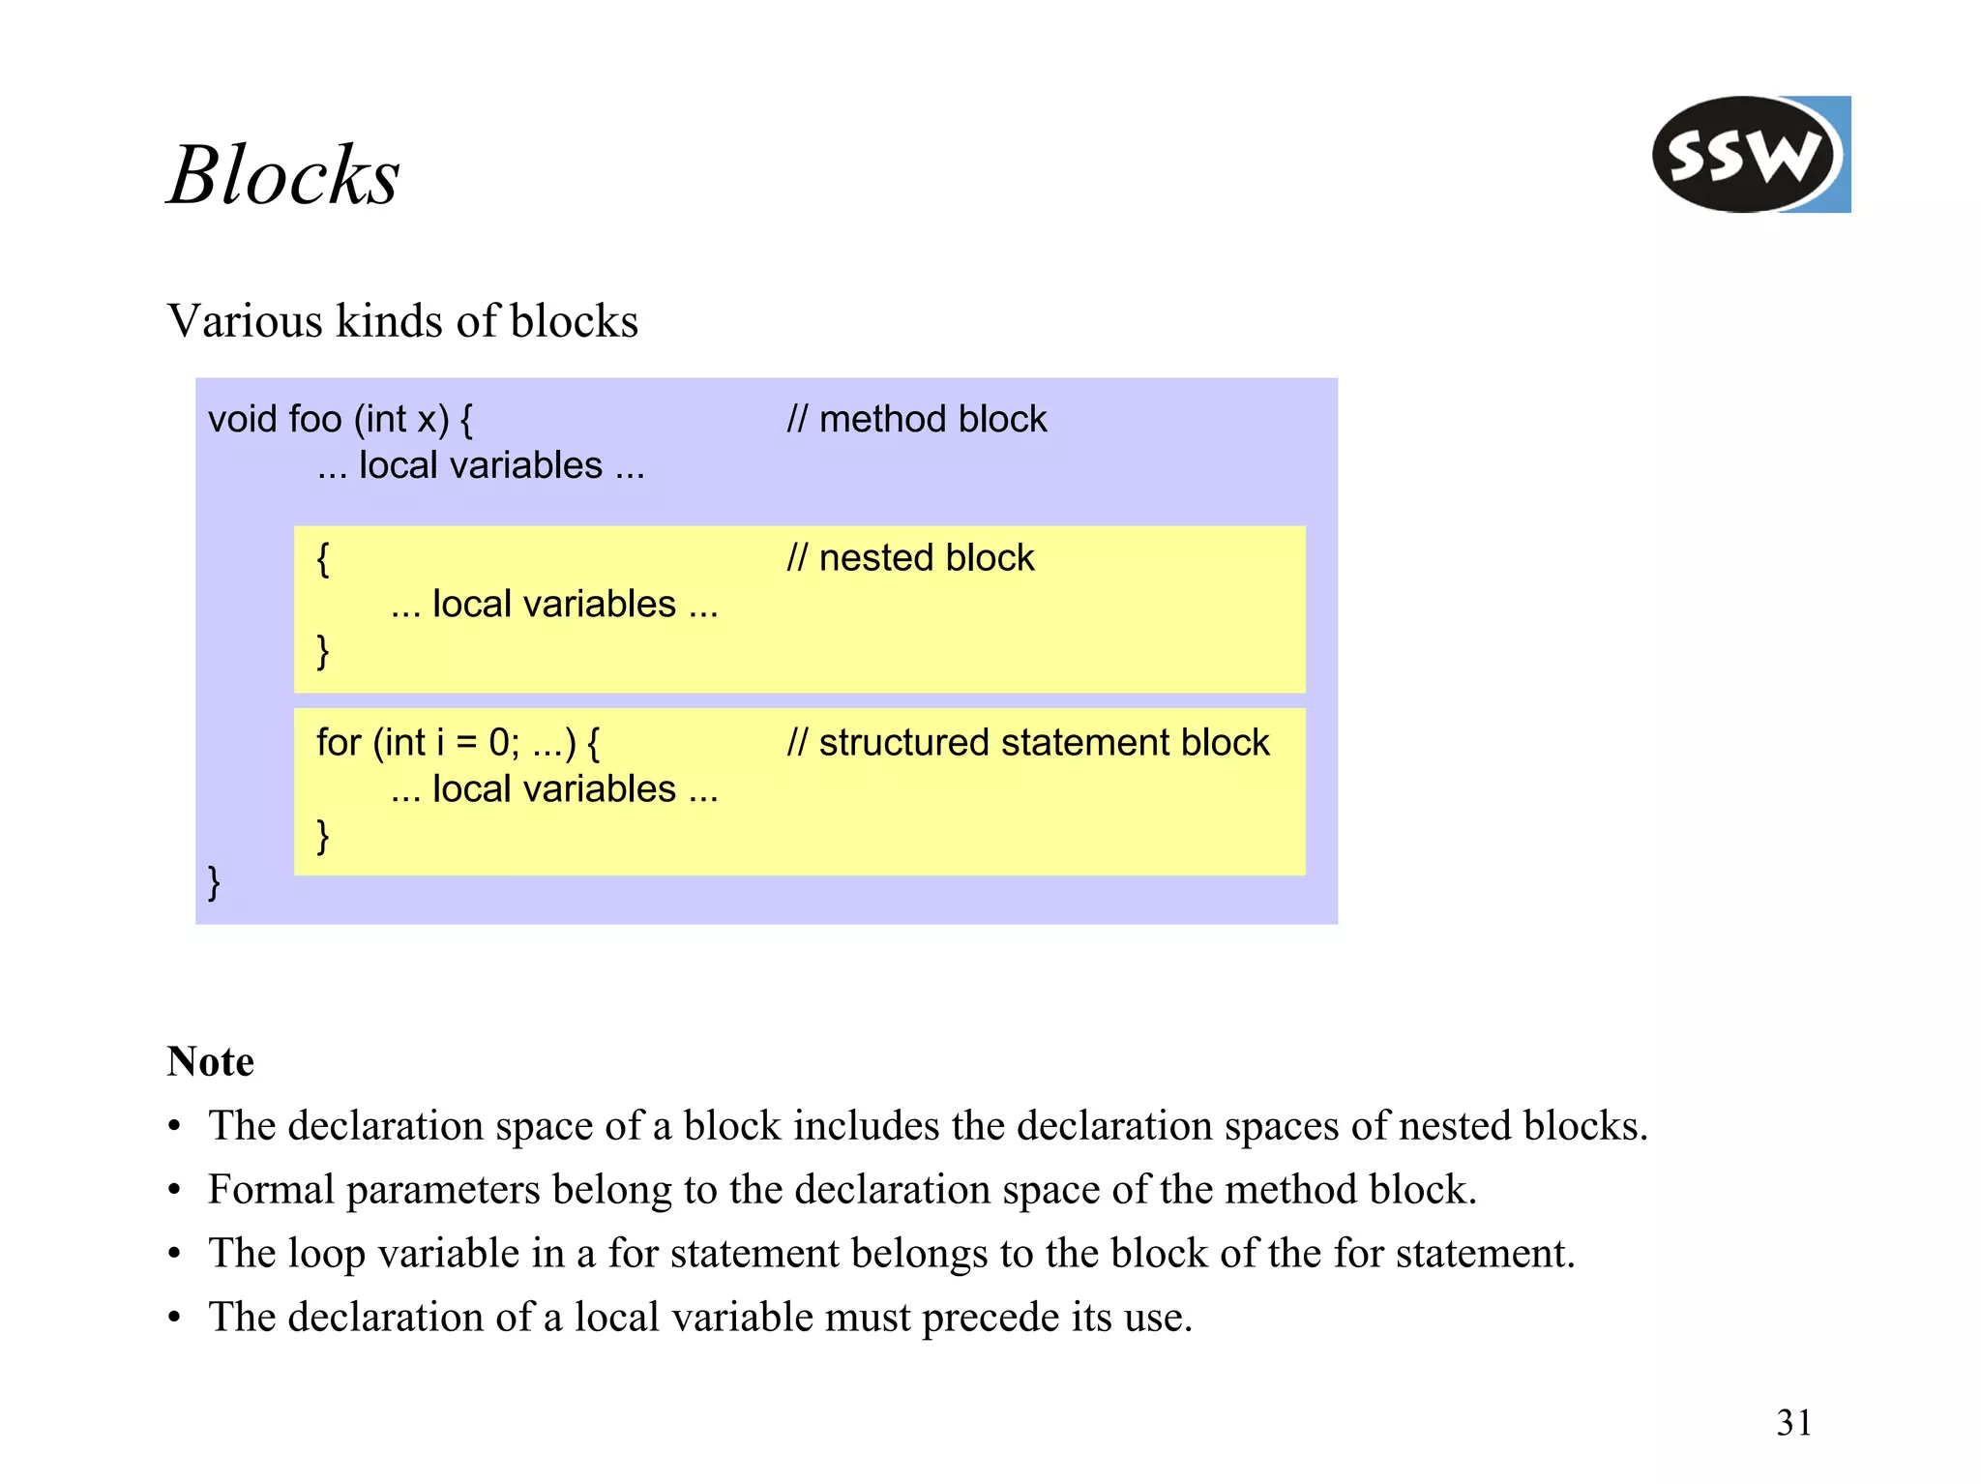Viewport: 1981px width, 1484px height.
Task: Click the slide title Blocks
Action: click(x=283, y=176)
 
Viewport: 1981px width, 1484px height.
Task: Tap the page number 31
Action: click(x=1793, y=1422)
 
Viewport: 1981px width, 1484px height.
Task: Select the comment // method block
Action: click(x=916, y=419)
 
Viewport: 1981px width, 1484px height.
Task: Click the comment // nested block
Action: click(x=910, y=558)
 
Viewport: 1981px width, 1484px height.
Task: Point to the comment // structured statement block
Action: click(x=1027, y=742)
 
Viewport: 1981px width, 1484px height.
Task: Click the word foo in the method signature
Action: click(x=314, y=419)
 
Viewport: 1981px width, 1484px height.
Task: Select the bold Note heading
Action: click(x=210, y=1061)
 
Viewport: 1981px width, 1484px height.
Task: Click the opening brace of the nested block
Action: click(x=323, y=560)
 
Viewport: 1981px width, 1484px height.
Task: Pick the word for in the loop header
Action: click(x=339, y=742)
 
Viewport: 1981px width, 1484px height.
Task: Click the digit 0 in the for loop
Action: click(x=499, y=742)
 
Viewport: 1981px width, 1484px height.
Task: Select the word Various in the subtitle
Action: click(x=245, y=320)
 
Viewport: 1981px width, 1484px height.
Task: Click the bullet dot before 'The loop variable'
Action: click(x=174, y=1254)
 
